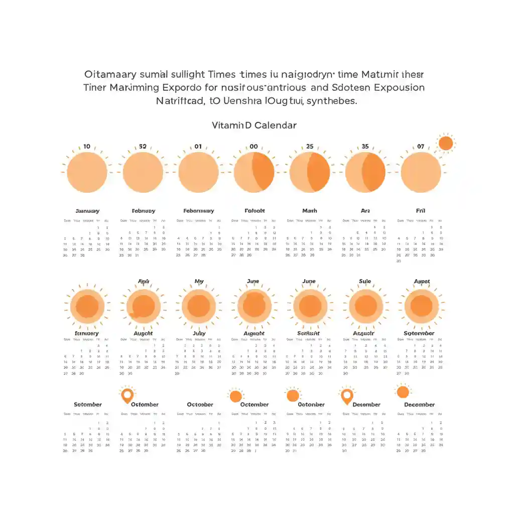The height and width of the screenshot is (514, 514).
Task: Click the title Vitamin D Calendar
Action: tap(254, 125)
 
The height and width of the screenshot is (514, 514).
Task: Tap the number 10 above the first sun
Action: tap(87, 147)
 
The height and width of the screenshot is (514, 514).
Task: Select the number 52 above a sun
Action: tap(143, 147)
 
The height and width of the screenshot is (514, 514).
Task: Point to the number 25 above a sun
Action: tap(310, 147)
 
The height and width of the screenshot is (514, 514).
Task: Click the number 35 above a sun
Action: tap(365, 147)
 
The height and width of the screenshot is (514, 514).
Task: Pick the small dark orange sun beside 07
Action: tap(445, 144)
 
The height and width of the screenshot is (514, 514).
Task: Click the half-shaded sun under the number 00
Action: tap(254, 172)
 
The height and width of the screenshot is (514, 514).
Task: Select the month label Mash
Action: tap(310, 211)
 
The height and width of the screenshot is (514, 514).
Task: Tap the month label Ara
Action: tap(365, 211)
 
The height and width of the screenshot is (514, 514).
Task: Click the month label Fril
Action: tap(421, 211)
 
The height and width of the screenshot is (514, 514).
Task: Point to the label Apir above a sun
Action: tap(143, 282)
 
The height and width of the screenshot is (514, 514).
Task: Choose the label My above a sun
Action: tap(199, 282)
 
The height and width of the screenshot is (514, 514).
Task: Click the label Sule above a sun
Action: tap(365, 282)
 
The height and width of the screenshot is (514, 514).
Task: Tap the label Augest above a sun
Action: tap(422, 282)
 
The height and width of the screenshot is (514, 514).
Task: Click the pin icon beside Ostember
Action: tap(127, 395)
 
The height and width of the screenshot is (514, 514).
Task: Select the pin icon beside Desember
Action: tap(346, 396)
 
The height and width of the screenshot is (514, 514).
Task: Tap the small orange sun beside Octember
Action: tap(235, 396)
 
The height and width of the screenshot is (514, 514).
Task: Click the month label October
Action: tap(200, 405)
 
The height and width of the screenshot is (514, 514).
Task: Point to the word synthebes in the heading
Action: tap(332, 100)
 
